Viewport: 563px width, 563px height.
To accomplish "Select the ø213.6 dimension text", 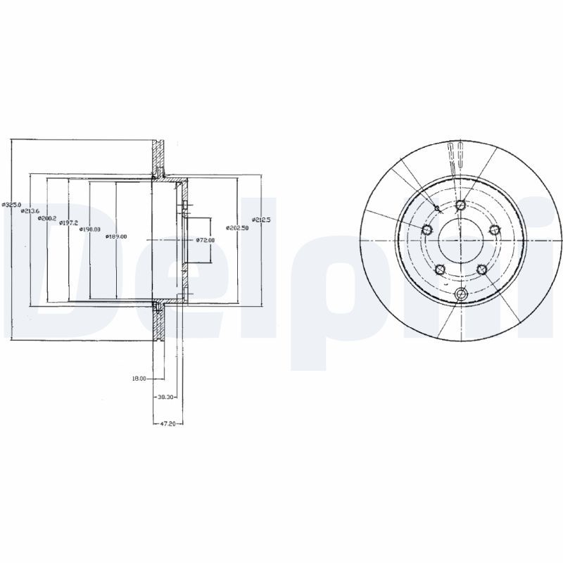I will click(x=30, y=211).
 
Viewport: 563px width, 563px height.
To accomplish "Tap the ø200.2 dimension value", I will click(x=47, y=217).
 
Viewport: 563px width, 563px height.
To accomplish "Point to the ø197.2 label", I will click(x=68, y=223).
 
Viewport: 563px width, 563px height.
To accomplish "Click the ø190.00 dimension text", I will click(x=89, y=229).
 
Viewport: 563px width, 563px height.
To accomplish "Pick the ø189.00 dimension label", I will click(x=116, y=236).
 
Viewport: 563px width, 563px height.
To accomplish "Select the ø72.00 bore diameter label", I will click(x=205, y=241).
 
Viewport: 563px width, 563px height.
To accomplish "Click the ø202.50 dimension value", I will click(x=237, y=228).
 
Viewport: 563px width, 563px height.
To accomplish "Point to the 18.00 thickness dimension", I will click(x=139, y=379).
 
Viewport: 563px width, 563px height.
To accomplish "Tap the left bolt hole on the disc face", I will click(x=426, y=229).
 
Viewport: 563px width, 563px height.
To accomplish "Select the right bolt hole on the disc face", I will click(x=494, y=229).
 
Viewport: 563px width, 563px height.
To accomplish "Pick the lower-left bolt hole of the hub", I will click(x=440, y=270).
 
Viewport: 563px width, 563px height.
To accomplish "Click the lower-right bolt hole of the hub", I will click(x=481, y=270).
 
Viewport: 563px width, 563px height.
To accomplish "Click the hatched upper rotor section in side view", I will click(x=158, y=155).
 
